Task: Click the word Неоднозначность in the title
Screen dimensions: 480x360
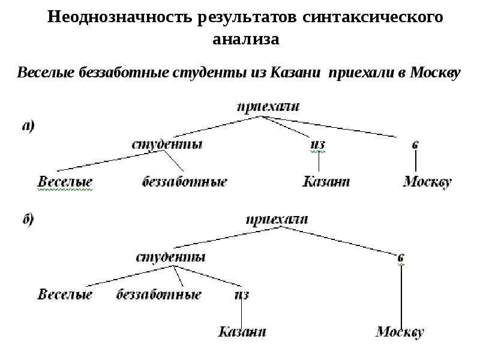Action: coord(119,17)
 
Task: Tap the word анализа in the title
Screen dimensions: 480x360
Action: coord(246,39)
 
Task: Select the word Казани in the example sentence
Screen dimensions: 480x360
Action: coord(295,73)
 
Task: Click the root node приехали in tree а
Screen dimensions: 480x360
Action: coord(268,107)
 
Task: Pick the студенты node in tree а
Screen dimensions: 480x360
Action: coord(167,144)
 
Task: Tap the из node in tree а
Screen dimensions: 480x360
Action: coord(318,144)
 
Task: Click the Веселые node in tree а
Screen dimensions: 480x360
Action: coord(65,182)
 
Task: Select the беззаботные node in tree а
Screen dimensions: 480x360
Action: coord(185,182)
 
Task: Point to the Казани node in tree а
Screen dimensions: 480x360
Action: coord(326,181)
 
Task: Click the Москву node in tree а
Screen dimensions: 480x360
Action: coord(427,182)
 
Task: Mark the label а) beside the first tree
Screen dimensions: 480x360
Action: coord(28,126)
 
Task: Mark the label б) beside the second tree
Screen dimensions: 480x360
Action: coord(28,220)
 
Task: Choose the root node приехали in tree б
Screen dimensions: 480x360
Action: coord(277,220)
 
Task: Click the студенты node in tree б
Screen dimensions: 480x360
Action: coord(170,257)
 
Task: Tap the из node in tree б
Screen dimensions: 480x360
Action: coord(242,295)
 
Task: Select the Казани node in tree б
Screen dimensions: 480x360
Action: coord(242,332)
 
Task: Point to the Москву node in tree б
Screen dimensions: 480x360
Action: coord(400,332)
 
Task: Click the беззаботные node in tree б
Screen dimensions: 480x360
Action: coord(158,295)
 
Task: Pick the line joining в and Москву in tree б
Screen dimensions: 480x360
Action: coord(401,296)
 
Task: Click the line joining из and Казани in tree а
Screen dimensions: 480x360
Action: coord(319,161)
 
